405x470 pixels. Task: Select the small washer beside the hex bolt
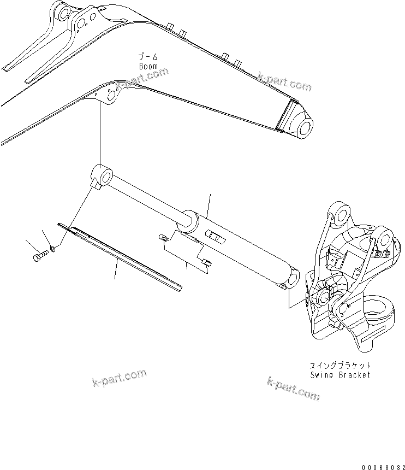[x=52, y=249]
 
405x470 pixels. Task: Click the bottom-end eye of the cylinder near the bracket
[x=291, y=278]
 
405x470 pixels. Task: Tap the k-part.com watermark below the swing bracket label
[x=293, y=388]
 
